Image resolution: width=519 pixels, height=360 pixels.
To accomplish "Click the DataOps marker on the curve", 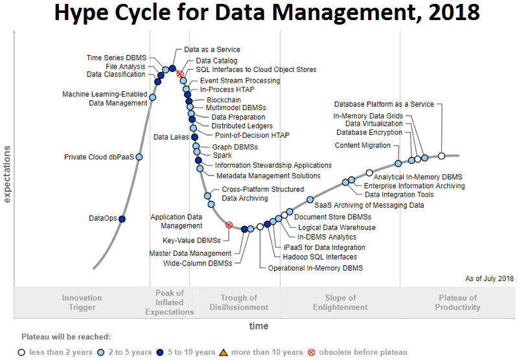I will (122, 219).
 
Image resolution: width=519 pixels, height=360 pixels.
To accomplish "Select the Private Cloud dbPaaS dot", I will (139, 157).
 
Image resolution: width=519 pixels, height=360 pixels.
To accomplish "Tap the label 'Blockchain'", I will (224, 100).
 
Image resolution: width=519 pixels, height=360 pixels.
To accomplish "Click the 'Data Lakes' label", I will (171, 137).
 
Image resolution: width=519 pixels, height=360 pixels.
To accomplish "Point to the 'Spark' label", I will (222, 155).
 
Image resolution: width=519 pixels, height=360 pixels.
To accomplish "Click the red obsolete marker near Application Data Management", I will (229, 225).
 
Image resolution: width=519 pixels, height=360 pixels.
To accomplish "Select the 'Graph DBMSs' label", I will (235, 147).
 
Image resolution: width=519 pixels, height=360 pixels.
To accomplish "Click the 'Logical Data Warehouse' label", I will (336, 227).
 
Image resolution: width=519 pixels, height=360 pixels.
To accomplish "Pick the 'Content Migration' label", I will (362, 146).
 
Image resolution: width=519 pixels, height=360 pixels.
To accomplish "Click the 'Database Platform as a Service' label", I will (384, 104).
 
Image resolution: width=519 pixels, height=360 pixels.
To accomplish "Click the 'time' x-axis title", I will (259, 326).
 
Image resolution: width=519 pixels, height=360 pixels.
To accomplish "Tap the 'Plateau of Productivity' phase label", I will (457, 302).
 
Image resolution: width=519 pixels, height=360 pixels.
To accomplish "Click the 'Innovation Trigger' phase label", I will (82, 302).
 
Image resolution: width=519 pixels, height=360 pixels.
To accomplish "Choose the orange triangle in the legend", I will (223, 352).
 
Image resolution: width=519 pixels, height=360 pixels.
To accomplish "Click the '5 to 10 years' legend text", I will (191, 352).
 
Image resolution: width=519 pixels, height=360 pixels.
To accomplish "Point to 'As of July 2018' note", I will (489, 278).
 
